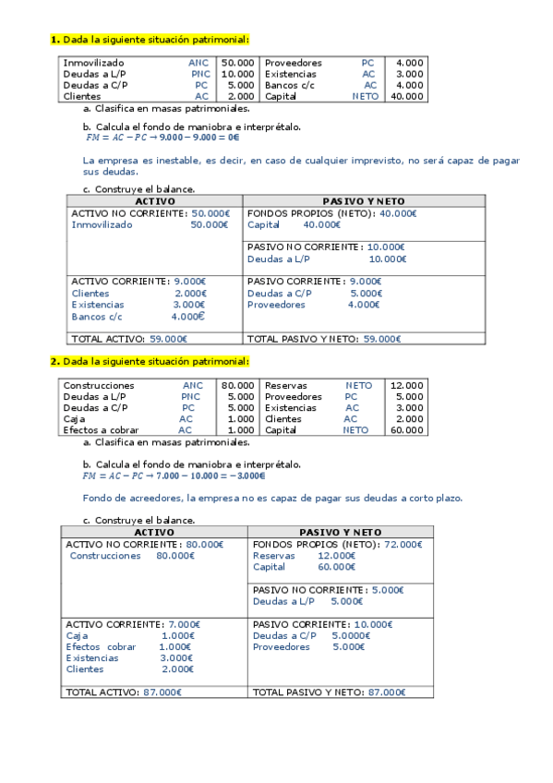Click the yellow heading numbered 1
(x=150, y=39)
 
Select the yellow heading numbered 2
(x=150, y=361)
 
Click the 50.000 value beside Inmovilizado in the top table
(x=238, y=63)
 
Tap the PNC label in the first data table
(x=200, y=74)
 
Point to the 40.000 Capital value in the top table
(x=407, y=96)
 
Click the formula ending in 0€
(x=162, y=138)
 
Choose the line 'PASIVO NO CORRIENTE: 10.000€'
(x=326, y=247)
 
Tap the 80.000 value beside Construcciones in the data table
(x=238, y=385)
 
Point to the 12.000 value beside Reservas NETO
(x=407, y=385)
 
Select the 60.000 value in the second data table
(x=407, y=429)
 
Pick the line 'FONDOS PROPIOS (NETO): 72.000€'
(x=337, y=545)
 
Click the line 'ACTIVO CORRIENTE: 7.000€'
(x=133, y=624)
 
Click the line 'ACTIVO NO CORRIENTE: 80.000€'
(x=145, y=545)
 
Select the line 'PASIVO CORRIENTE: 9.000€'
(x=314, y=281)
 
